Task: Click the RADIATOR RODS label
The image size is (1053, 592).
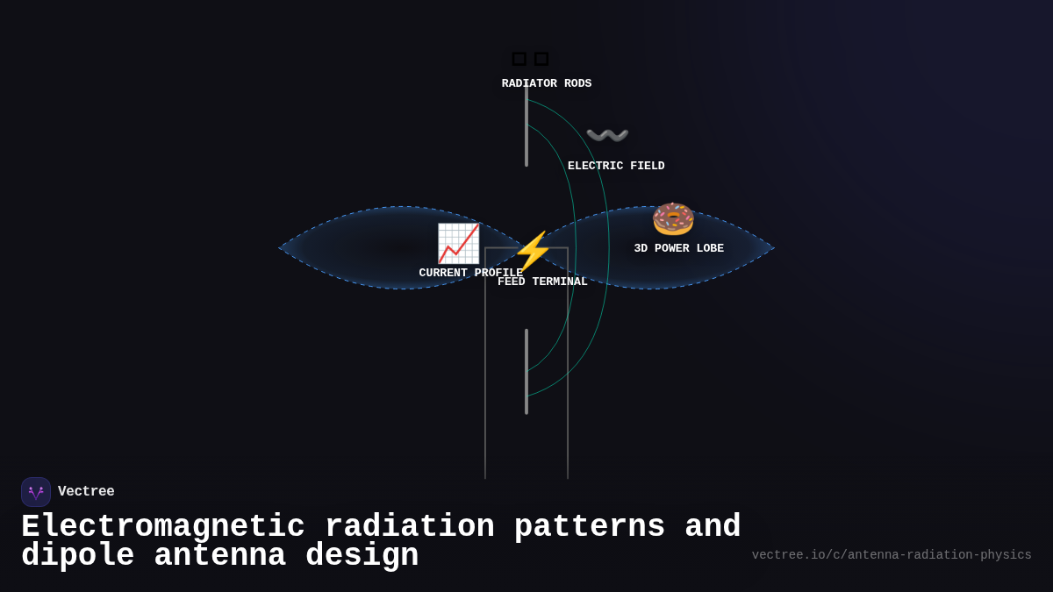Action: pos(546,84)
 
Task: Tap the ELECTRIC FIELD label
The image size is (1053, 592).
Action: pos(616,167)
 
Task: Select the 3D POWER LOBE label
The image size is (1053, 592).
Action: pos(678,249)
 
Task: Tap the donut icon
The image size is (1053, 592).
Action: pos(673,218)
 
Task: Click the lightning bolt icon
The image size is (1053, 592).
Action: pos(533,252)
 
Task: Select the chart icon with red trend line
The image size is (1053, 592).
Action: pos(458,243)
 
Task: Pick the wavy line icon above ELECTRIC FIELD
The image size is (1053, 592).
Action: pos(607,136)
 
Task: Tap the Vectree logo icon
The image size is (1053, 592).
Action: pos(36,492)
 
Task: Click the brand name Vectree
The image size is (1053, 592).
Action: pos(86,492)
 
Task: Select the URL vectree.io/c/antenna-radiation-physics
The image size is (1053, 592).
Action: pos(892,555)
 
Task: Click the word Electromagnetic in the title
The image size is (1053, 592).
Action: pos(163,527)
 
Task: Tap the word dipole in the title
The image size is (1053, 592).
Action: pos(77,556)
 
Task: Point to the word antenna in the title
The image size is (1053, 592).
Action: pos(219,556)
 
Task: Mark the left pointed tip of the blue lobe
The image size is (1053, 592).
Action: pos(281,248)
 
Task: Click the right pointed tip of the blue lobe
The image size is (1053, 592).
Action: pos(773,248)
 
